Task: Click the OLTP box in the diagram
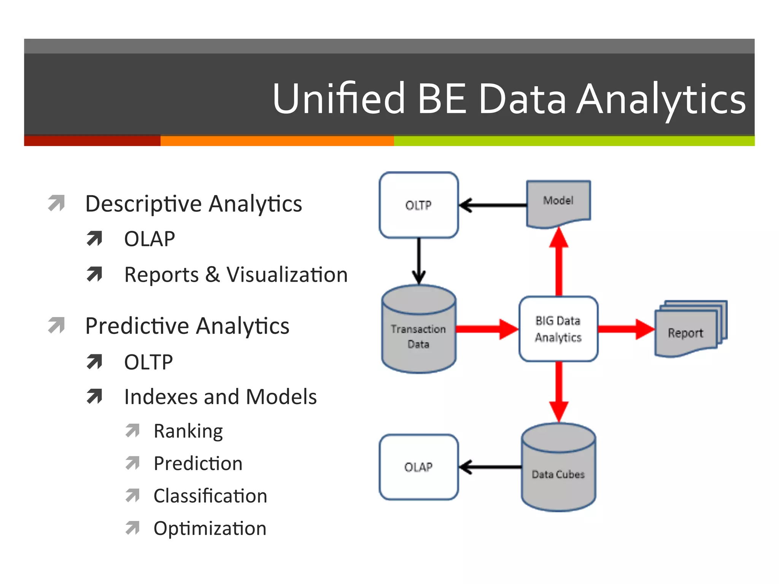[x=418, y=205]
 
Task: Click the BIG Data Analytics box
[x=558, y=329]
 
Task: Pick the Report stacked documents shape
[x=687, y=331]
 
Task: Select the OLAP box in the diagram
[x=418, y=467]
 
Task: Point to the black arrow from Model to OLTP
[x=494, y=205]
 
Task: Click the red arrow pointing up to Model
[x=559, y=262]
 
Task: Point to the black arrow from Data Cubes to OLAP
[x=491, y=467]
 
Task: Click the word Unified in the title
[x=339, y=99]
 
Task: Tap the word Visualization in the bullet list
[x=287, y=275]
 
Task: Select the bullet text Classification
[x=210, y=496]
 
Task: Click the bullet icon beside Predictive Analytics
[x=57, y=325]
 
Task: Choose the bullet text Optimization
[x=210, y=528]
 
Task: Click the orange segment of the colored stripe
[x=277, y=141]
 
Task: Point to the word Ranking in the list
[x=188, y=431]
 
